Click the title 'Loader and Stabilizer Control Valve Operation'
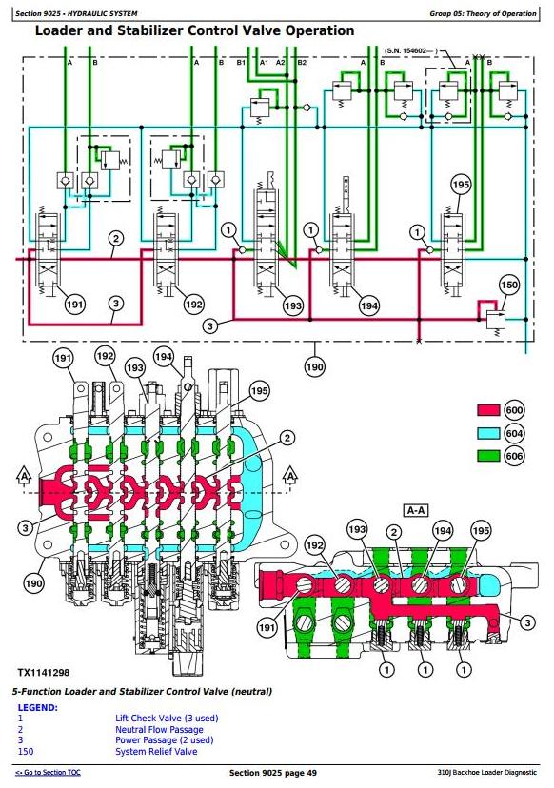coord(194,30)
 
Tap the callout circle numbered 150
coord(508,285)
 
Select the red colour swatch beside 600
coord(488,410)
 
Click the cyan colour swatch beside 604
coord(488,433)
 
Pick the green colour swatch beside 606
coord(488,456)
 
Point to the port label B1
coord(242,62)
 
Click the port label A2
coord(280,62)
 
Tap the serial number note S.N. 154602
coord(411,50)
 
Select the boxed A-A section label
coord(416,511)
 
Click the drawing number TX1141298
coord(44,673)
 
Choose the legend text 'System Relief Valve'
coord(156,751)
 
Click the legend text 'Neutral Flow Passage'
coord(159,729)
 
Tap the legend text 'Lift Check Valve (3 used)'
coord(167,719)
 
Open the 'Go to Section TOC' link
coord(48,772)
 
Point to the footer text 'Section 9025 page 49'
coord(273,773)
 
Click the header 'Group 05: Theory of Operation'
coord(483,13)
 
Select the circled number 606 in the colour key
coord(514,456)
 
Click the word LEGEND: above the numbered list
coord(38,708)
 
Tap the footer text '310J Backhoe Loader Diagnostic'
coord(487,772)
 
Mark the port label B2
coord(302,62)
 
